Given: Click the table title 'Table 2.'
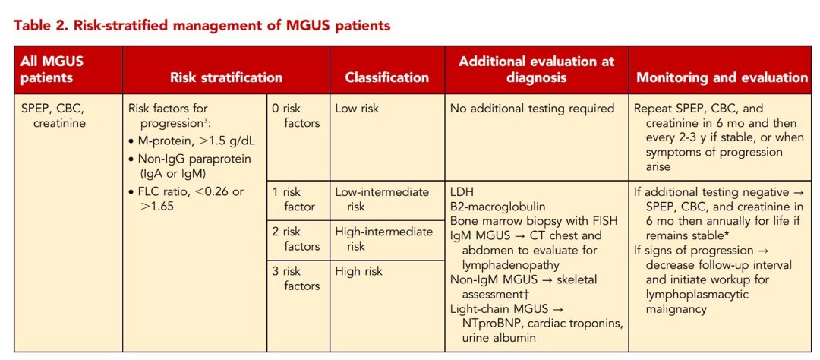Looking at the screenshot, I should [38, 26].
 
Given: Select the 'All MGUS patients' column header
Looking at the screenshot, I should [47, 70].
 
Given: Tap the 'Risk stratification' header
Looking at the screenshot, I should [225, 77].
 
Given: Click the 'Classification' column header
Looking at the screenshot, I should [386, 77].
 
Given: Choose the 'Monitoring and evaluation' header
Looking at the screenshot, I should [721, 77].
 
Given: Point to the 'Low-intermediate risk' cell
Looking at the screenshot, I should [382, 199].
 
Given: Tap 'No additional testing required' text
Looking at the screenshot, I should [531, 109].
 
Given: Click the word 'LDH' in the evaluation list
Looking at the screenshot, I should [462, 192].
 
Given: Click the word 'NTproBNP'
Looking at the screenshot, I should [496, 324].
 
